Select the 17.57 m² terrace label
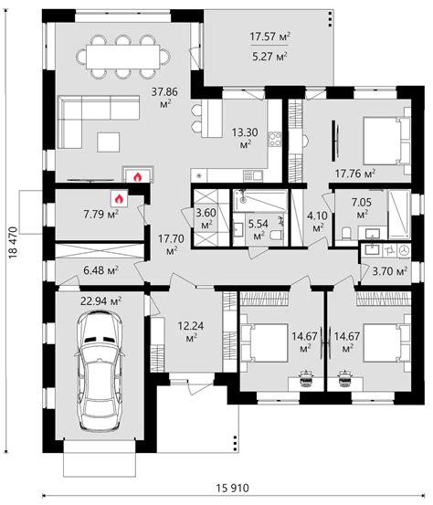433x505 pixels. [269, 37]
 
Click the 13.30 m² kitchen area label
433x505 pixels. [246, 137]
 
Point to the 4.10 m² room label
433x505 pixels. [318, 220]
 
